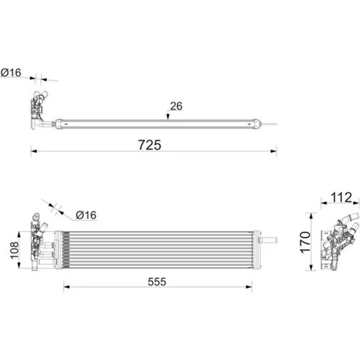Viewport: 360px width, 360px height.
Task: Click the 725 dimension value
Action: click(150, 145)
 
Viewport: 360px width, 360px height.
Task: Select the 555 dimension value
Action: click(157, 282)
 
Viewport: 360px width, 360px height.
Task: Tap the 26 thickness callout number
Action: click(176, 106)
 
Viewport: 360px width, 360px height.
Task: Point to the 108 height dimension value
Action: click(14, 250)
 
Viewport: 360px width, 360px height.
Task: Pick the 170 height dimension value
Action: click(305, 242)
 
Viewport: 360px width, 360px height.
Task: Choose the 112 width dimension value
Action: click(341, 197)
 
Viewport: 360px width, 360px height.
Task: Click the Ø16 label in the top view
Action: click(11, 73)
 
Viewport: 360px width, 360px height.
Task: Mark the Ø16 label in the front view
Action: click(86, 215)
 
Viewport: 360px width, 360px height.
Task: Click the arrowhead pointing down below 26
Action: click(168, 117)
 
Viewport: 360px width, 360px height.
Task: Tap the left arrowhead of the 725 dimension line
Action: click(34, 151)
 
